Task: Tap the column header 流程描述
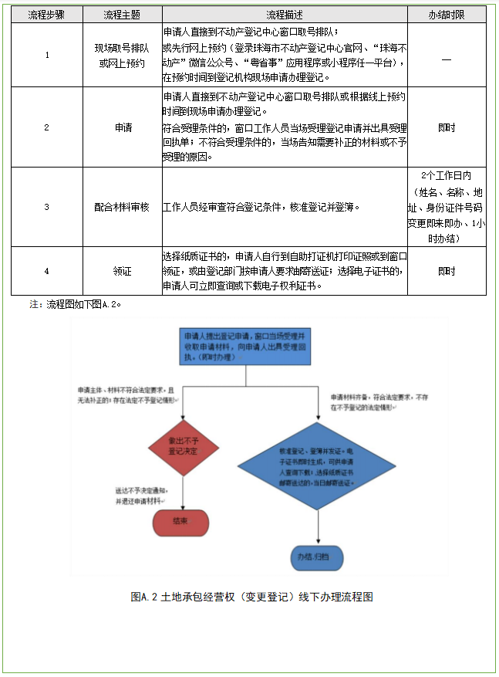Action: coord(285,15)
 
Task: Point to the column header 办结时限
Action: coord(447,15)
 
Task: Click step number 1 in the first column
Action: coord(47,55)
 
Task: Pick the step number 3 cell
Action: coord(47,207)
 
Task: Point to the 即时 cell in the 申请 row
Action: coord(447,127)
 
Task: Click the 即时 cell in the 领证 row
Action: coord(447,271)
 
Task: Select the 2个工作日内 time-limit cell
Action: coord(447,207)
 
